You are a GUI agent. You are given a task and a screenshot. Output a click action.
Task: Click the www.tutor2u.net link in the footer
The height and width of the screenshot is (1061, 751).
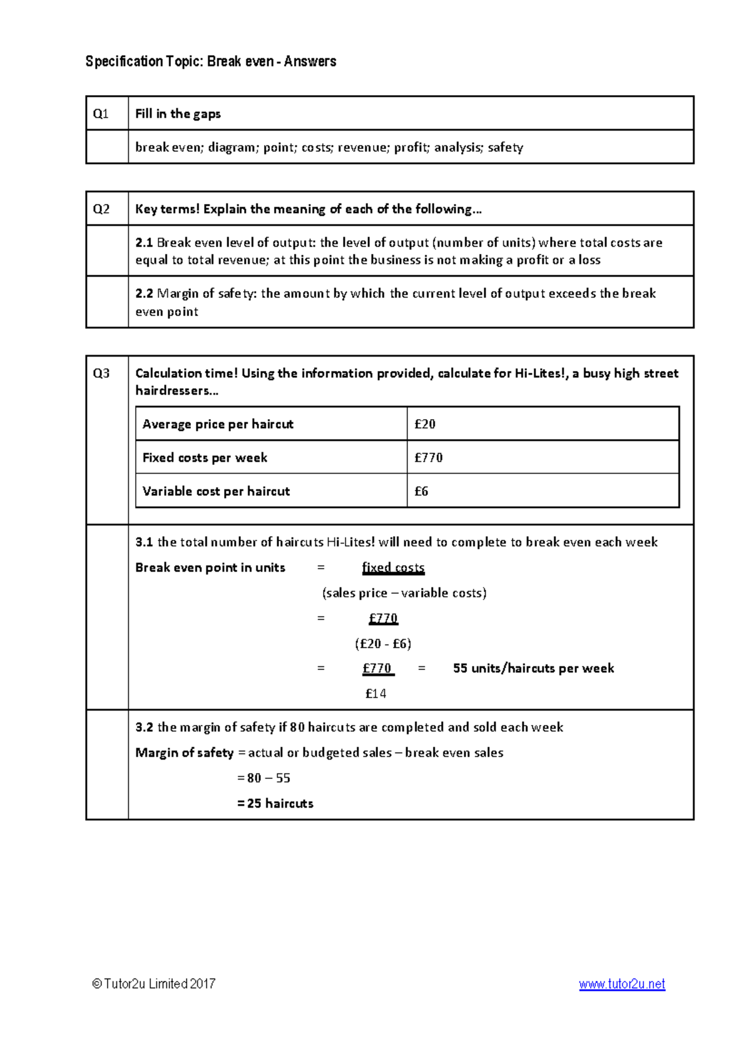(621, 984)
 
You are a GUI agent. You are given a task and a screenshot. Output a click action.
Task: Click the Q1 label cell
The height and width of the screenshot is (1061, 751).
(101, 114)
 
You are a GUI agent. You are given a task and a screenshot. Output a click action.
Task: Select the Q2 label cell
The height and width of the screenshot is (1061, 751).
(101, 209)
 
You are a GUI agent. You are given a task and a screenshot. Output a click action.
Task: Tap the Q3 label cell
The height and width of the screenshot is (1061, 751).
(101, 373)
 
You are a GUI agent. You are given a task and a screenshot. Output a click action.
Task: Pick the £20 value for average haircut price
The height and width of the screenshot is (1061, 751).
(425, 424)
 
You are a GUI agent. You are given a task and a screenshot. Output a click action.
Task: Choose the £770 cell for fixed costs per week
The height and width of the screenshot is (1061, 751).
(428, 458)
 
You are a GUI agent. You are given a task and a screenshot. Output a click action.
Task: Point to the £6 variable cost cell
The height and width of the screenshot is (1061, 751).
(421, 492)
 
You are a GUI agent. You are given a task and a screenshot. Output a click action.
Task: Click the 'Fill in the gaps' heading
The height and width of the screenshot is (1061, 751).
(178, 114)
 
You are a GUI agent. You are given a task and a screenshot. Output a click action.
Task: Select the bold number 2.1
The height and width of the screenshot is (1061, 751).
(144, 243)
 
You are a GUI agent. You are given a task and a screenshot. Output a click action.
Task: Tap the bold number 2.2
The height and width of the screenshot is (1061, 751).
(144, 293)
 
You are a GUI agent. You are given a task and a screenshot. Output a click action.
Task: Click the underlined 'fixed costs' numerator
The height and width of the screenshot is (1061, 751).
(393, 567)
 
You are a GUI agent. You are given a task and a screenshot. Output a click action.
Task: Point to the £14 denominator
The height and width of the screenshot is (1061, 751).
(375, 694)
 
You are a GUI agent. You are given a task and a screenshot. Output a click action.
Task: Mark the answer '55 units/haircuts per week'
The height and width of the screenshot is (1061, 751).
(533, 668)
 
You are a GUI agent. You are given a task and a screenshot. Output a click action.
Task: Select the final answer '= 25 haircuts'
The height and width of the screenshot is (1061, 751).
(275, 803)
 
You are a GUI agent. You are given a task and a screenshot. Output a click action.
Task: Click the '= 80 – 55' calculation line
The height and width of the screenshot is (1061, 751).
(263, 778)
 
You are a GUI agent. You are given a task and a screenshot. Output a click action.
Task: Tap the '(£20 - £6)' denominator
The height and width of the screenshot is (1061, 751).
(382, 644)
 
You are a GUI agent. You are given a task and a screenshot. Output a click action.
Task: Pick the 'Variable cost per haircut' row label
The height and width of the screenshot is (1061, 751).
(216, 492)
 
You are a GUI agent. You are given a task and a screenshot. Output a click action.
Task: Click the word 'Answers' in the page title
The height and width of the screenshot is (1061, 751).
(310, 61)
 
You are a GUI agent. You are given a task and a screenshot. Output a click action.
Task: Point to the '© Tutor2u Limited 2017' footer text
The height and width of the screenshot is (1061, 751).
(154, 984)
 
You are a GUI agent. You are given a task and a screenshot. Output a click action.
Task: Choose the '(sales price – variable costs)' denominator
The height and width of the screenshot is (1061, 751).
(404, 593)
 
